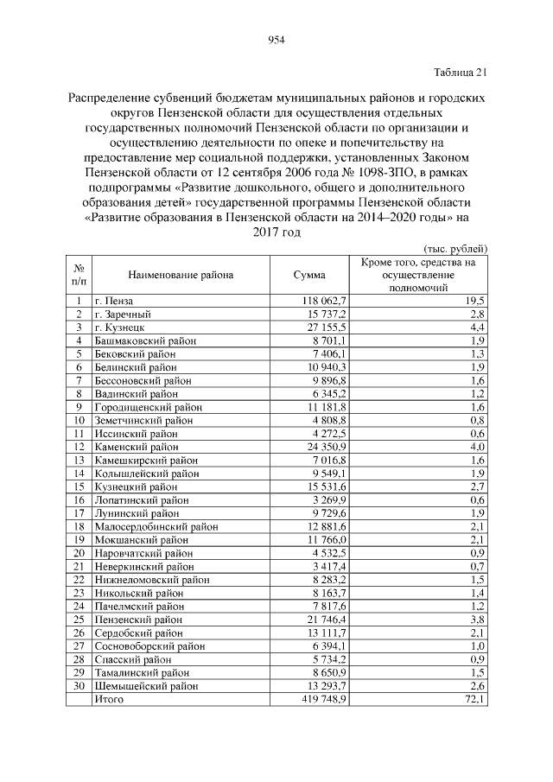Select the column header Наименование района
(x=181, y=275)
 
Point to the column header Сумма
(x=309, y=275)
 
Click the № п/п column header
(x=79, y=275)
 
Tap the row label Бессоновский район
(x=143, y=380)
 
